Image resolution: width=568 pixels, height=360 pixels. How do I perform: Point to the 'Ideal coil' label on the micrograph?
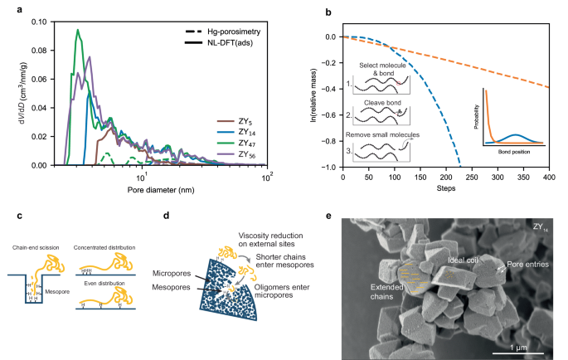pos(463,260)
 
